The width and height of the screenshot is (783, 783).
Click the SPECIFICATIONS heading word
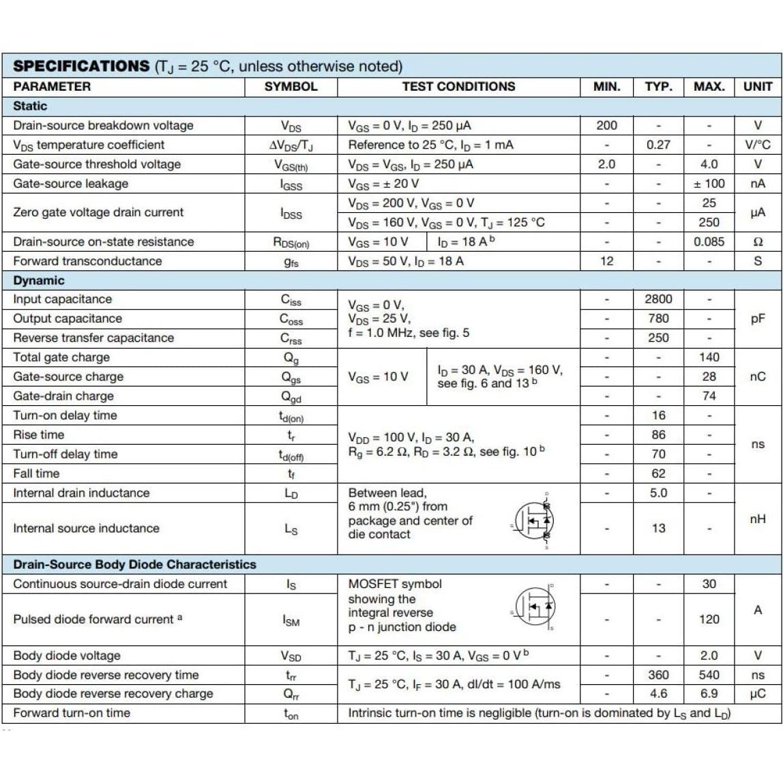[x=81, y=66]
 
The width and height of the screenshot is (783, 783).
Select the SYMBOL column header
[x=291, y=87]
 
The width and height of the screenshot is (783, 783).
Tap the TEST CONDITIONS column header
[x=458, y=87]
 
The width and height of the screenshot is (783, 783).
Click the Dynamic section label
[x=39, y=280]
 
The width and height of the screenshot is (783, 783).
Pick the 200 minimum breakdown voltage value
[x=606, y=125]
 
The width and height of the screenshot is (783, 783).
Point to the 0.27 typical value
[x=658, y=145]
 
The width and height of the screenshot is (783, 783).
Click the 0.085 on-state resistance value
[x=709, y=241]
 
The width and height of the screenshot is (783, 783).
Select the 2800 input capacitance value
[x=658, y=299]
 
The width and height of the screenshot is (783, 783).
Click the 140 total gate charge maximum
[x=709, y=357]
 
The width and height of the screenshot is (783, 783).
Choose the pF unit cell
[x=758, y=319]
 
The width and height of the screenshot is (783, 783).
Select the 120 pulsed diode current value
[x=709, y=619]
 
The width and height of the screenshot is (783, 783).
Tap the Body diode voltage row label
[x=67, y=655]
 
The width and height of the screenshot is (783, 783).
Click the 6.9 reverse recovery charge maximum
[x=709, y=694]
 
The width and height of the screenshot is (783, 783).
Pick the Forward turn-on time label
[x=72, y=713]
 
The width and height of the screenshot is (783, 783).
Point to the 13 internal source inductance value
[x=658, y=528]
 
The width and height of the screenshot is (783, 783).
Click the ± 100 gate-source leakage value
[x=709, y=183]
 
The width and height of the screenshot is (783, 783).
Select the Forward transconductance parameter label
[x=87, y=261]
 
